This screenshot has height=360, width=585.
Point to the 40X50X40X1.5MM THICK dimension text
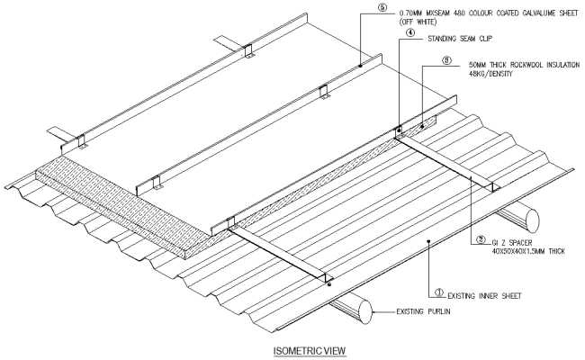(x=526, y=251)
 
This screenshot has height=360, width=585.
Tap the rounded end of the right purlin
(x=529, y=219)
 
